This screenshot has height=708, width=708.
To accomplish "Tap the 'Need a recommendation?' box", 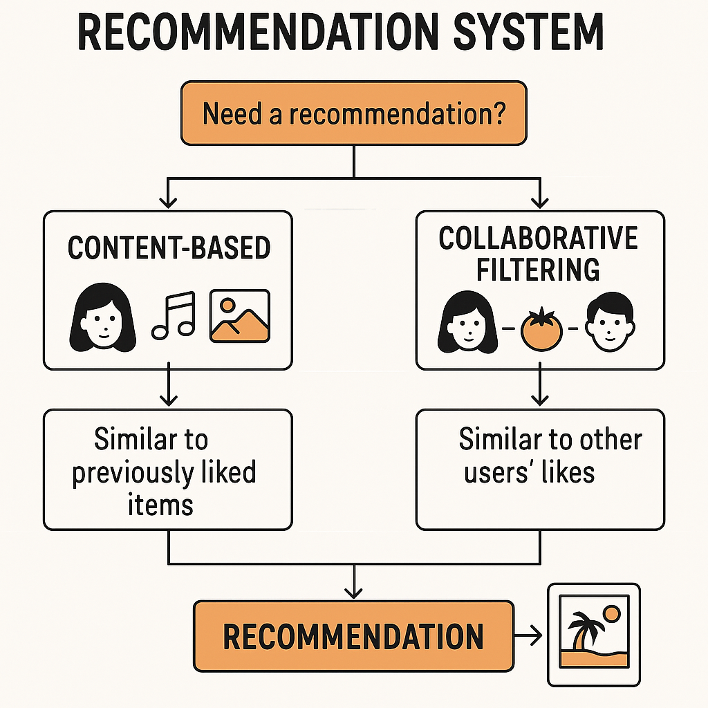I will pos(353,113).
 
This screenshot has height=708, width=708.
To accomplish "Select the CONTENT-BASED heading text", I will pos(169,248).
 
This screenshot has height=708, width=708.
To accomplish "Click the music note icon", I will pos(174,315).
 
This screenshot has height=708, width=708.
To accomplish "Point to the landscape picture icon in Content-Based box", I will pos(239,315).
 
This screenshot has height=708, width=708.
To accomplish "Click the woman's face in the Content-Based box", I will pos(101,317).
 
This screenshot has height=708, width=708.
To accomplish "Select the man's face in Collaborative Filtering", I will pos(608,323).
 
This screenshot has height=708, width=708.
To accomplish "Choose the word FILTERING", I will pos(539,270).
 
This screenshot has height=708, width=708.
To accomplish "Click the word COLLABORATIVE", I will pos(539,239).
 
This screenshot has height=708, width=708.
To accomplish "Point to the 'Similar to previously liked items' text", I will pos(165,472).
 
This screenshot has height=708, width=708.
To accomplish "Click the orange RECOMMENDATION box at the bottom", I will pos(353,636).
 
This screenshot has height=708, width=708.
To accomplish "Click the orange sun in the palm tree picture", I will pos(611,614).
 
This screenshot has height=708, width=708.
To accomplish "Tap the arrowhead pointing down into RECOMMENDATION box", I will pos(353,592).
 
